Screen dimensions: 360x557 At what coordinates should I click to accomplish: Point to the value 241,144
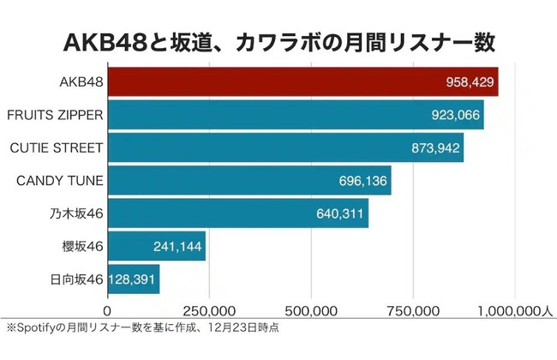(x=177, y=246)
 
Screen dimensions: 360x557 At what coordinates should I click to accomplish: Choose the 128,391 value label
(x=133, y=279)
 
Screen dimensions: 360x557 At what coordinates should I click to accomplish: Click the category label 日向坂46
(x=75, y=279)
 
